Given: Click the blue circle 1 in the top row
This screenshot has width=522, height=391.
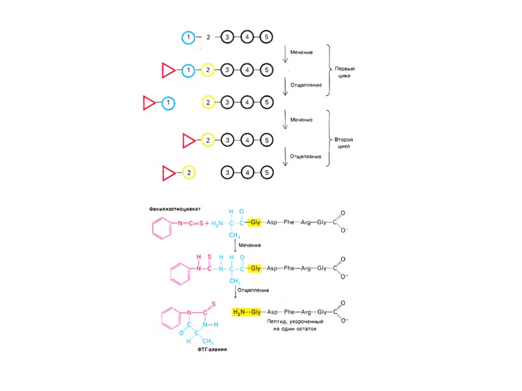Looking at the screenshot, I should (x=188, y=37).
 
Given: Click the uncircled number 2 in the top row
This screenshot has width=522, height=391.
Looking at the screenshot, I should (x=208, y=37).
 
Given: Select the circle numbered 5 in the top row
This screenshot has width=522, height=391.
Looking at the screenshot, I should (x=266, y=37).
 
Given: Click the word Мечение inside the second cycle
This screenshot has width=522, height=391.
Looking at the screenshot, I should (x=301, y=120).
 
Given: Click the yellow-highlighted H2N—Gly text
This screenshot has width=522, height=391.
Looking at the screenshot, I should (x=246, y=312).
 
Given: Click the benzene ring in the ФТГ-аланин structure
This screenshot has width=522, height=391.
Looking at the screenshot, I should (x=170, y=318).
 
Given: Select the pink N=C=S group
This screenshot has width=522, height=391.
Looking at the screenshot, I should (x=189, y=224).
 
